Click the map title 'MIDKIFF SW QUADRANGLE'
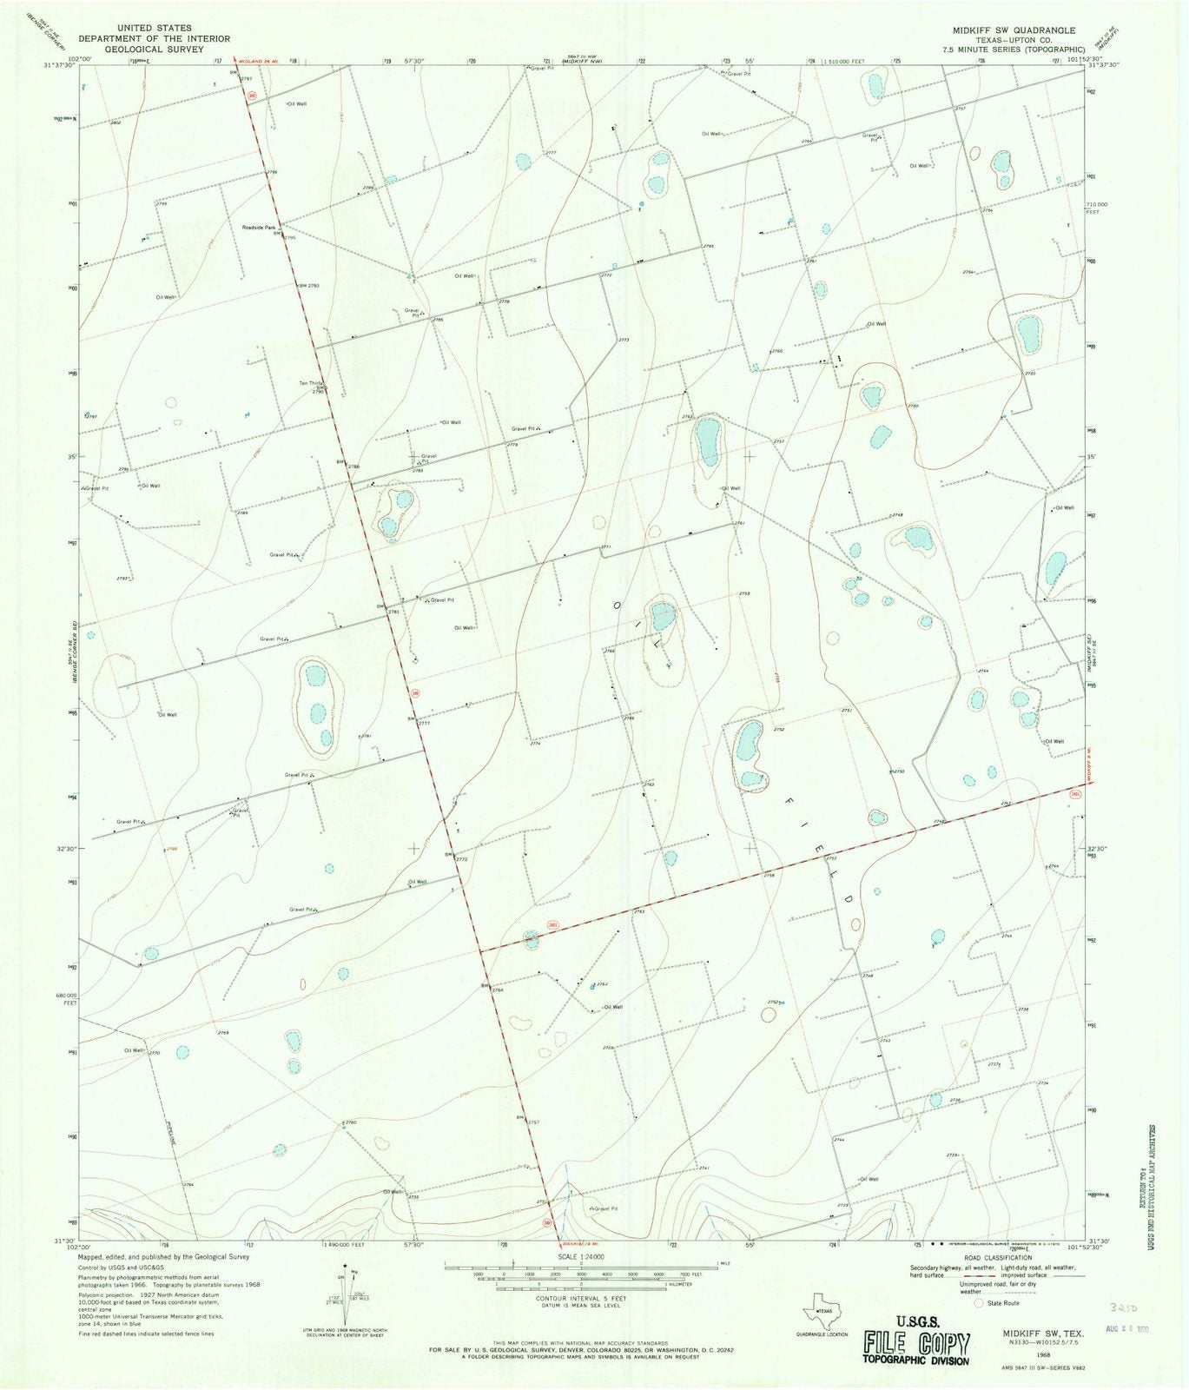tap(1013, 30)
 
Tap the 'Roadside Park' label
tap(258, 228)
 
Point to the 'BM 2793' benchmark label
tap(309, 285)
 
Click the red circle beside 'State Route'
tap(978, 1302)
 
